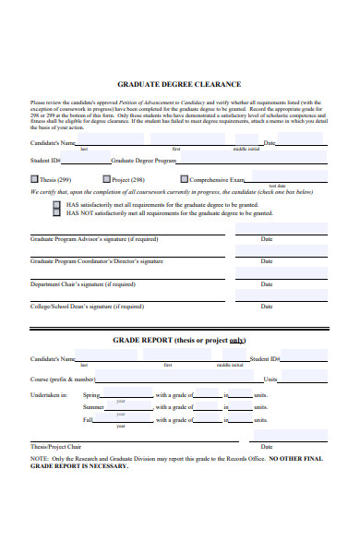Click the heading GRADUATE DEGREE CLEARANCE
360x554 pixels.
(x=179, y=84)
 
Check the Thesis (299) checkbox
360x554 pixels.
(x=35, y=179)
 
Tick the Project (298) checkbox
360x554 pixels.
(x=106, y=179)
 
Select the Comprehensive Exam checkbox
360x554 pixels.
(x=185, y=179)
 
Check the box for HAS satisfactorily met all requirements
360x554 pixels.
(x=56, y=204)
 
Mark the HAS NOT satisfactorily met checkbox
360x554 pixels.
(x=56, y=213)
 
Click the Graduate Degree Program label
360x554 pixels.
(x=150, y=160)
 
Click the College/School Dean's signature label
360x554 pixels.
(x=87, y=307)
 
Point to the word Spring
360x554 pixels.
(x=92, y=395)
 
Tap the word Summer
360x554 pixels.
(x=93, y=407)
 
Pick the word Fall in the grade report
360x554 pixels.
(x=89, y=420)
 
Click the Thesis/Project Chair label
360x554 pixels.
(x=57, y=446)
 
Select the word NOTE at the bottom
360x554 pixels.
(x=39, y=458)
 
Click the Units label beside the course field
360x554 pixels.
(x=296, y=379)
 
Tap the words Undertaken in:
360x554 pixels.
(x=49, y=395)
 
